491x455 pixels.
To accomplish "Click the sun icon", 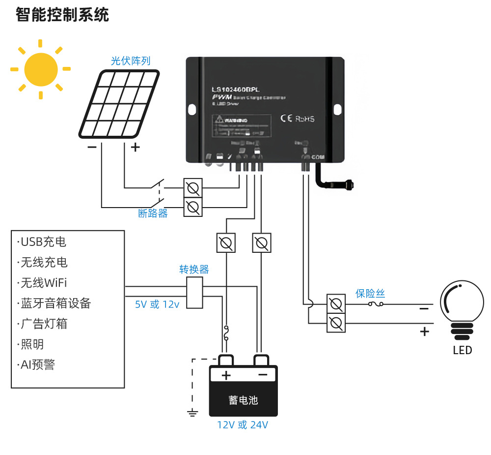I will pyautogui.click(x=41, y=69).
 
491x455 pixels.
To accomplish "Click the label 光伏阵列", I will pyautogui.click(x=131, y=61).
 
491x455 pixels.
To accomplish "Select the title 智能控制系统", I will pyautogui.click(x=62, y=15).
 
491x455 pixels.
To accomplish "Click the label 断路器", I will pyautogui.click(x=153, y=213).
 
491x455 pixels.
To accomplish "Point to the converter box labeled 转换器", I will pyautogui.click(x=195, y=293).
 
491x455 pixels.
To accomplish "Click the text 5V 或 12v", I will pyautogui.click(x=157, y=304).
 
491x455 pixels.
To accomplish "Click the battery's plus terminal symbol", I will pyautogui.click(x=226, y=375).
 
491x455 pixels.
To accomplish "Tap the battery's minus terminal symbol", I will pyautogui.click(x=263, y=375).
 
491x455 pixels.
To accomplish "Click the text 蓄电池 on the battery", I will pyautogui.click(x=243, y=400).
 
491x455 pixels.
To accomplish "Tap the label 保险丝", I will pyautogui.click(x=370, y=294).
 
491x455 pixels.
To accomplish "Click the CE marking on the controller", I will pyautogui.click(x=286, y=118).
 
